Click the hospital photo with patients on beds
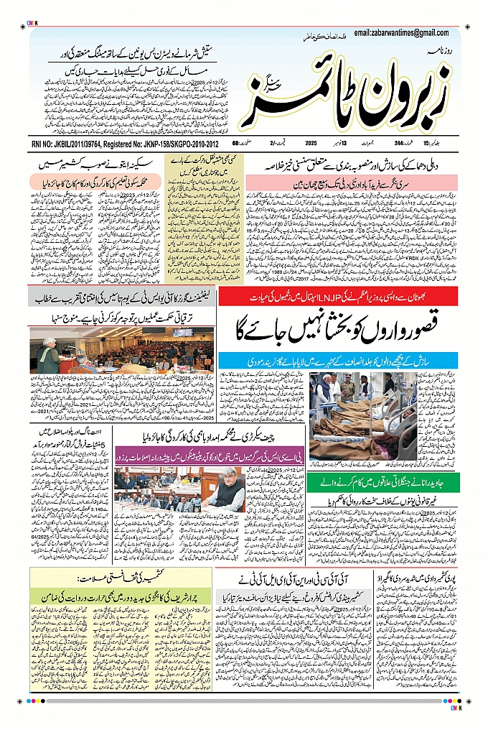click(362, 415)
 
